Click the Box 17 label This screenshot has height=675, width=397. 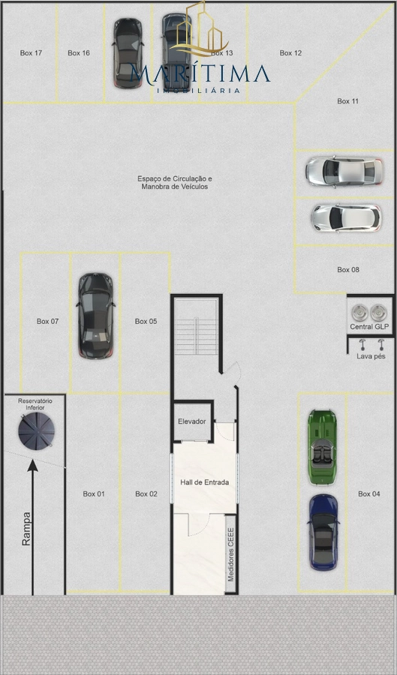coord(31,53)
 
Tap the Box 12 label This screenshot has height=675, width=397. coord(290,53)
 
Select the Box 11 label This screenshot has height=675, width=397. coord(348,101)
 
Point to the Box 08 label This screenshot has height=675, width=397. coord(348,269)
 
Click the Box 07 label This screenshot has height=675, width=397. coord(47,321)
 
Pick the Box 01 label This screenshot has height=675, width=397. coord(94,493)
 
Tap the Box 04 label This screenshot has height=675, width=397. coord(369,493)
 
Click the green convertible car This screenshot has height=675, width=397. coord(322,447)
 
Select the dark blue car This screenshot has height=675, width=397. coord(323,532)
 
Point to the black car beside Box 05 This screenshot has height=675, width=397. coord(95,316)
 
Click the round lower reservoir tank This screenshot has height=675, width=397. coord(36,431)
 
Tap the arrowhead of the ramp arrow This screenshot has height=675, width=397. coord(33,465)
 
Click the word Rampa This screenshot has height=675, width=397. coord(26,529)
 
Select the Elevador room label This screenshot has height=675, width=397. coord(192,421)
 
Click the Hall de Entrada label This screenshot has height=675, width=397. coord(205,482)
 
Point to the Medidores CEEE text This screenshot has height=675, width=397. coord(231,554)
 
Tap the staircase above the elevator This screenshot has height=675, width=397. coord(197,327)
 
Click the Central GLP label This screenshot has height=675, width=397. coord(369,327)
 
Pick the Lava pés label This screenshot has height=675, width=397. coord(371,356)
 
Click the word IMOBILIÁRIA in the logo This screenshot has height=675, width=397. coord(198,91)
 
